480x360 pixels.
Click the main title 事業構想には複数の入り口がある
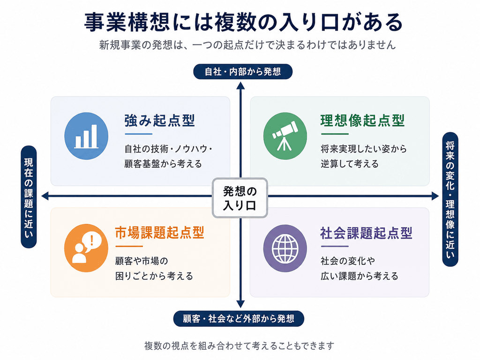tap(243, 22)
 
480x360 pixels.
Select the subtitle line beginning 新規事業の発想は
tap(247, 45)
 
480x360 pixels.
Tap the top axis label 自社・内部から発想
tap(243, 72)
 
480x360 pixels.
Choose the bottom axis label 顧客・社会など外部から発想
tap(239, 319)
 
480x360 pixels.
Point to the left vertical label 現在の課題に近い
tap(29, 197)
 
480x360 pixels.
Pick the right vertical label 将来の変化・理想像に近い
tap(450, 199)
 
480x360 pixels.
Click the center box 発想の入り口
tap(240, 198)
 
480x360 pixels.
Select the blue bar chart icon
tap(86, 136)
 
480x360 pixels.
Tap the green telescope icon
tap(285, 136)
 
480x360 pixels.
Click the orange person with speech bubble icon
tap(86, 248)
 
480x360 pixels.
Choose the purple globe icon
tap(285, 248)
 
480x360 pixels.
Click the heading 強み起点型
tap(159, 120)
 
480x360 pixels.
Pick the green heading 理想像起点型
tap(362, 120)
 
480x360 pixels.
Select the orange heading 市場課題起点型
tap(159, 232)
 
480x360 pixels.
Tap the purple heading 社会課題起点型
tap(366, 232)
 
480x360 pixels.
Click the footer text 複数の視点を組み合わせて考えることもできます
tap(239, 345)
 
